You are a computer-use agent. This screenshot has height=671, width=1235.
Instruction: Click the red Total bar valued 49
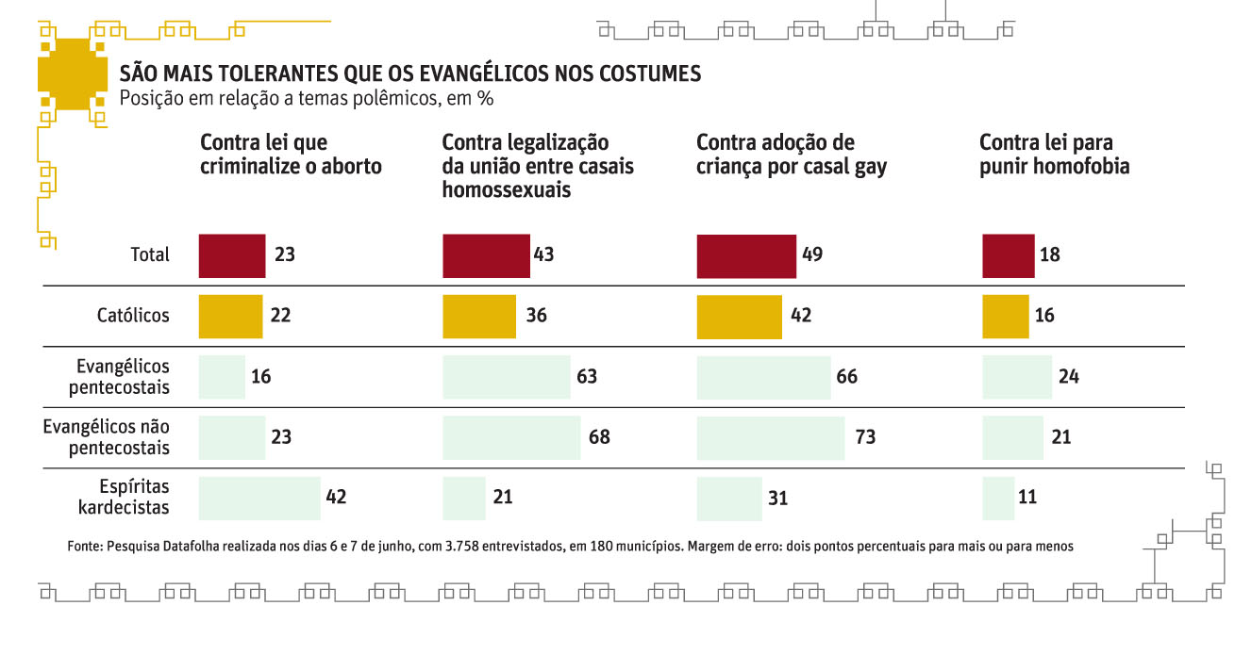[x=746, y=256]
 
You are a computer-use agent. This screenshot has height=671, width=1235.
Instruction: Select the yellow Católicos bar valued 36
[x=479, y=316]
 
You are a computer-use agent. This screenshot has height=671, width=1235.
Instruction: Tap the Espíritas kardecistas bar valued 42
[x=259, y=498]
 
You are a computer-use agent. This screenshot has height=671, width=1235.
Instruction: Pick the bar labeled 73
[x=770, y=437]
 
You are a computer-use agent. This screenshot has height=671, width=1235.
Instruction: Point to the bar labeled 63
[x=507, y=377]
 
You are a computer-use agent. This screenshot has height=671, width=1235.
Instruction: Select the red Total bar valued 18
[x=1008, y=256]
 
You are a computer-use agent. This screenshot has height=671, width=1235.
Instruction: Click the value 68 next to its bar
[x=599, y=437]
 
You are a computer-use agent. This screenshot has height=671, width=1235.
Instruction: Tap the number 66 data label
[x=846, y=377]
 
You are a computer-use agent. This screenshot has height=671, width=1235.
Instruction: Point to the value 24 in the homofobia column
[x=1068, y=377]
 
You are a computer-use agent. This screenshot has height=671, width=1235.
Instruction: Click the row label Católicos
[x=134, y=316]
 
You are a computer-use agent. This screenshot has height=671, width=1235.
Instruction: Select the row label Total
[x=150, y=255]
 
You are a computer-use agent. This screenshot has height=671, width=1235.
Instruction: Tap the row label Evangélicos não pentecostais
[x=107, y=437]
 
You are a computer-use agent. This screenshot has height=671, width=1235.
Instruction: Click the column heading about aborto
[x=291, y=155]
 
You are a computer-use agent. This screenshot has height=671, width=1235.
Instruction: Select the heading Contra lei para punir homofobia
[x=1054, y=155]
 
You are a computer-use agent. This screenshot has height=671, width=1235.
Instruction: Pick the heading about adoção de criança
[x=791, y=155]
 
